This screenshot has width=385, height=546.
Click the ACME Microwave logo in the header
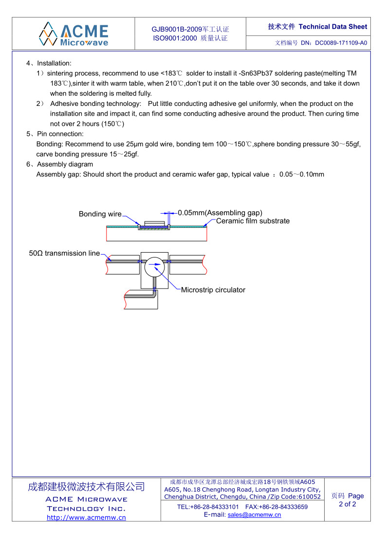(73, 34)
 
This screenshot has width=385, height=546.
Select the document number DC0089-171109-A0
(341, 43)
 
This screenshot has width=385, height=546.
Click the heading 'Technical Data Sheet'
(333, 27)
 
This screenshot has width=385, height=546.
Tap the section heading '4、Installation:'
(49, 63)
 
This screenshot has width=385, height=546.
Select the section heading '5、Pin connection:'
(55, 134)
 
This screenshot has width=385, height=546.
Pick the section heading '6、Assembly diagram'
(59, 164)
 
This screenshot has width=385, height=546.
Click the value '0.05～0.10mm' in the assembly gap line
(302, 174)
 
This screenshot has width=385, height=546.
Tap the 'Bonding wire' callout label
(100, 214)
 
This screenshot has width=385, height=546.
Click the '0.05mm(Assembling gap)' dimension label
(220, 213)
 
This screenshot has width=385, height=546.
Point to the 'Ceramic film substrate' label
(253, 221)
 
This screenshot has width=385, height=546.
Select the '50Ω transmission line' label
(64, 253)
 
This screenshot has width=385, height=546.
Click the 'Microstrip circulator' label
(213, 290)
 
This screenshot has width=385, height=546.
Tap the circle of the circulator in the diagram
(155, 264)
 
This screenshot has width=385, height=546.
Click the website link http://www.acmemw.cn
(86, 517)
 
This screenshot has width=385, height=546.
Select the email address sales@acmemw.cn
(254, 515)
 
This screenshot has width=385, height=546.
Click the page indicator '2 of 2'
(348, 504)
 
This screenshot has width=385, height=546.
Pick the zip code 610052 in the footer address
(309, 496)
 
